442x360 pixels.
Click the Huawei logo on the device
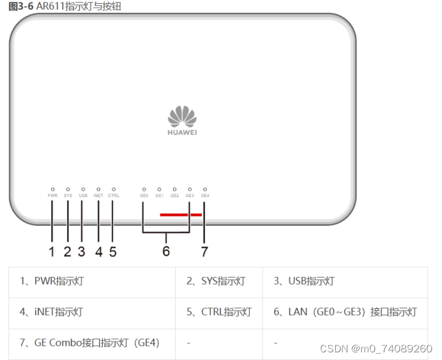point(181,121)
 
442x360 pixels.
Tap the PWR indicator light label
point(52,195)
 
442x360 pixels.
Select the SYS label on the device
point(68,195)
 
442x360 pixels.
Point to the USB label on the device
point(83,195)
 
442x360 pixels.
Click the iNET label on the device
point(98,195)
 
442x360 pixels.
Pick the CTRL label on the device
point(114,195)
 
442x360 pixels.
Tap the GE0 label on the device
point(144,195)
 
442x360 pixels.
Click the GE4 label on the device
point(204,195)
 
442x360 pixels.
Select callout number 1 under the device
point(52,251)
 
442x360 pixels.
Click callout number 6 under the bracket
point(166,251)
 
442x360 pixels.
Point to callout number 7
point(204,251)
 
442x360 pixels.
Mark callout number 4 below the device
point(98,251)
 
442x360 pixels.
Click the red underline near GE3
point(181,215)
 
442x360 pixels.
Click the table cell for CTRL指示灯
point(219,312)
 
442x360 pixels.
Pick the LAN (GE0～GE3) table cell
point(345,312)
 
